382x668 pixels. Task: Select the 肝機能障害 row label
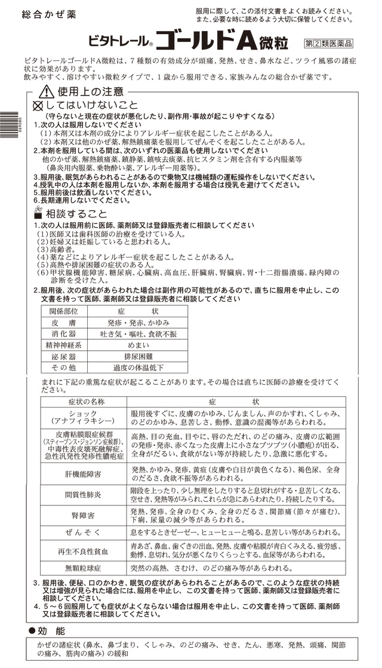[83, 473]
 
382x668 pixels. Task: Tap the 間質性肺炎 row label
[83, 495]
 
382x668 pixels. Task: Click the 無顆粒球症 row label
[83, 569]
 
